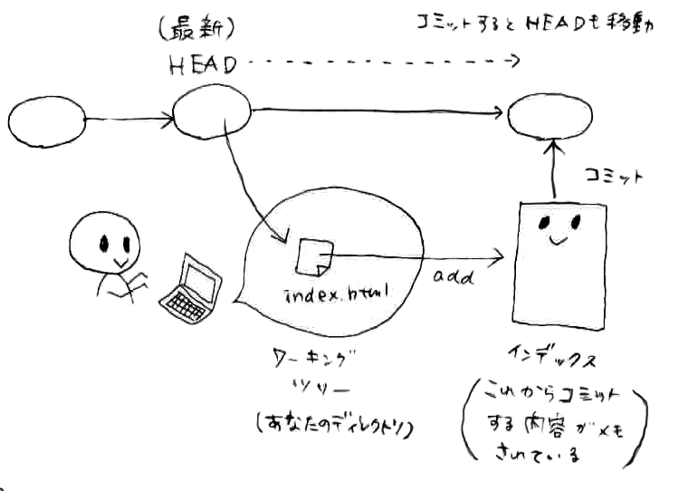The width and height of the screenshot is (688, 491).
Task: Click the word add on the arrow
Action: tap(454, 277)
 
